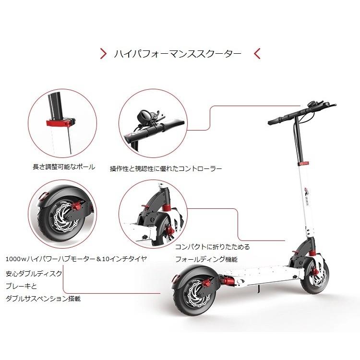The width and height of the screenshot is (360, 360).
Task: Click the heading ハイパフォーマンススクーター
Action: click(x=178, y=53)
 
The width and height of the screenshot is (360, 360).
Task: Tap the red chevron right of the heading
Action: click(x=257, y=53)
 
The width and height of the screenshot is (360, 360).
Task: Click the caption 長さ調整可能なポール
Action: click(x=64, y=168)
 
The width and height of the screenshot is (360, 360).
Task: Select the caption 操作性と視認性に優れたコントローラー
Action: click(x=166, y=168)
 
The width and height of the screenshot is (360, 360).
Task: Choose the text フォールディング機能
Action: click(x=206, y=259)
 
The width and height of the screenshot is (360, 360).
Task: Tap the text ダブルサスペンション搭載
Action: click(x=43, y=298)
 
